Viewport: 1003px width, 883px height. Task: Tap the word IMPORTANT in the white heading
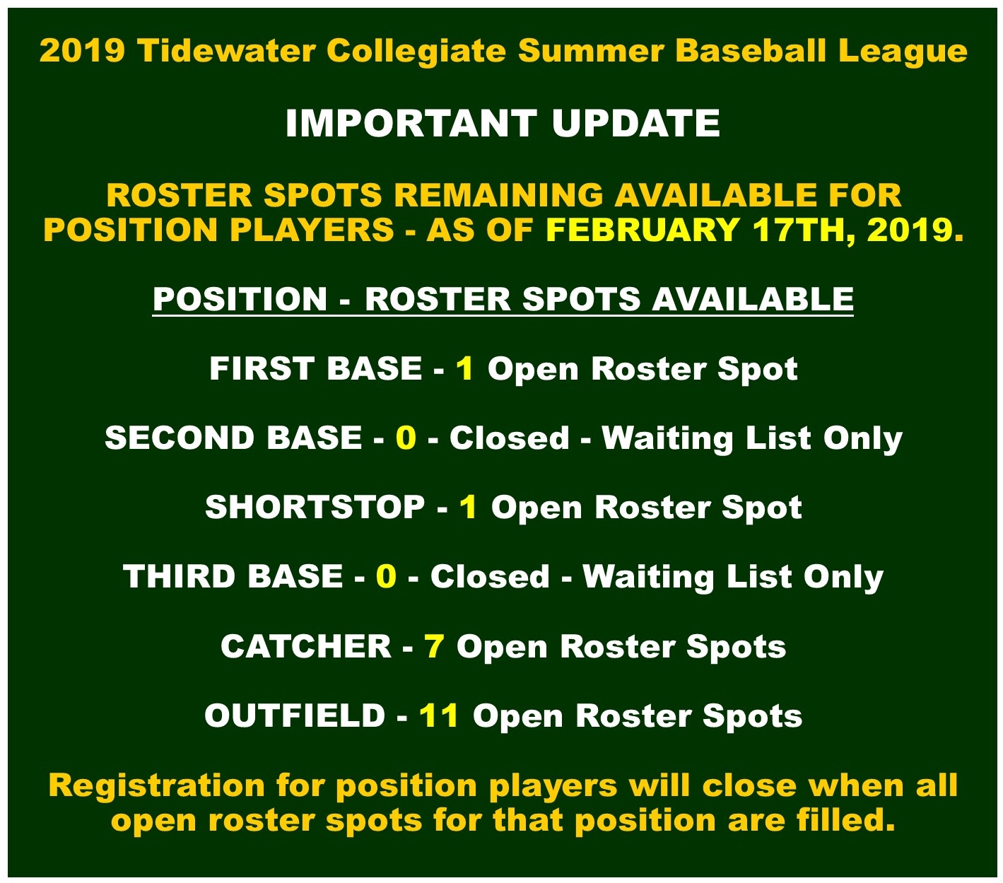coord(411,123)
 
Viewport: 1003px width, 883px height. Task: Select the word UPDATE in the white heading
coord(635,123)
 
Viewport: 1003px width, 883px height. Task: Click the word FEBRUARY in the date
coord(643,230)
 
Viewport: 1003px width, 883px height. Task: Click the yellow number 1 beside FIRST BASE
coord(465,368)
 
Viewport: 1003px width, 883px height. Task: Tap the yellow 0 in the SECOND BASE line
coord(406,438)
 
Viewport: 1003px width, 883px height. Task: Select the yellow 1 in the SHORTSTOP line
coord(469,507)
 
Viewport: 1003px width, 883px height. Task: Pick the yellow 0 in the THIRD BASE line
coord(386,576)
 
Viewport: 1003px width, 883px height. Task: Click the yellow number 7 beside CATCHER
coord(434,646)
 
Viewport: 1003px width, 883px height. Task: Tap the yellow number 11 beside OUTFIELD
coord(439,715)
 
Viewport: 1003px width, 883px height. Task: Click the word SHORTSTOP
coord(315,507)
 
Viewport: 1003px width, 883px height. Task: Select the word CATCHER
coord(306,646)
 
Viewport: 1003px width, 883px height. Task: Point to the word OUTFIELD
coord(295,715)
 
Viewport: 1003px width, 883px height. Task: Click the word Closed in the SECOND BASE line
coord(509,438)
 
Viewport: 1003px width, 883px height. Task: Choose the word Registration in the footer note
coord(156,786)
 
